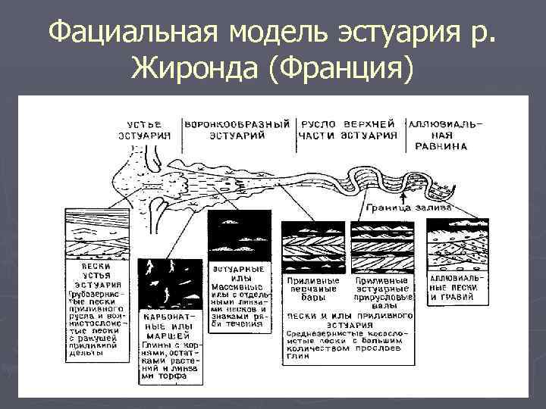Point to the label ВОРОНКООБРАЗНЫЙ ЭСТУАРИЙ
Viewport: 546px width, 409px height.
click(237, 130)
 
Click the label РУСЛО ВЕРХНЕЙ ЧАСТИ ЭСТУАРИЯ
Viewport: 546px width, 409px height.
click(348, 130)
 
